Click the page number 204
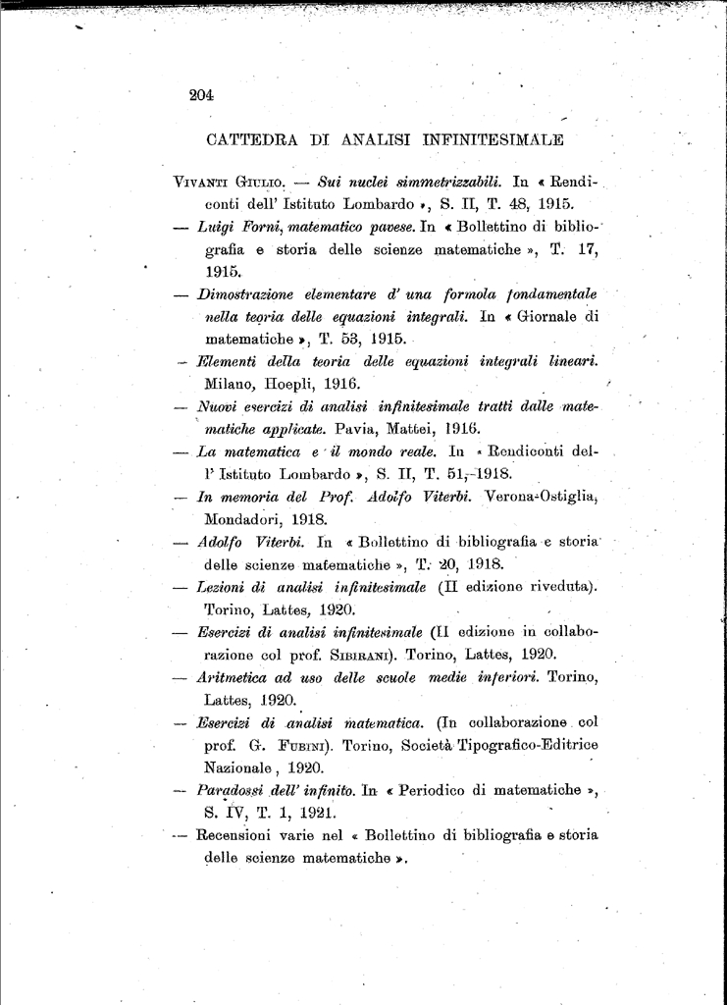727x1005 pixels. pos(201,95)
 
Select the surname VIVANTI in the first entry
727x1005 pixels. pos(201,183)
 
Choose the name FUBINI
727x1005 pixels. pos(314,745)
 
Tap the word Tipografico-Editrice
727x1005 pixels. pos(527,745)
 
